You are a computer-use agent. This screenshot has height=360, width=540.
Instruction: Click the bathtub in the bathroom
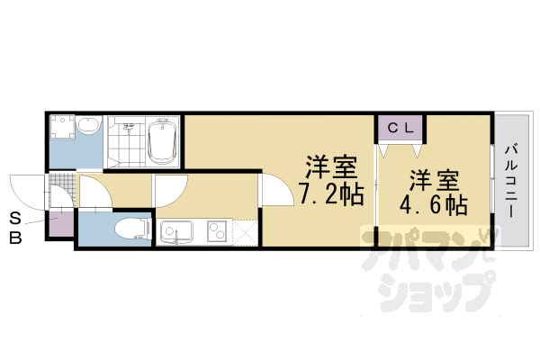(162, 141)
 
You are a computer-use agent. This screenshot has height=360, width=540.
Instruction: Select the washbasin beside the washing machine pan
(88, 128)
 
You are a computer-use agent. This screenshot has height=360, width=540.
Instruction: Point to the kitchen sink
(177, 233)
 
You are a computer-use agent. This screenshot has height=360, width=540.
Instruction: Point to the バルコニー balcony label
(509, 179)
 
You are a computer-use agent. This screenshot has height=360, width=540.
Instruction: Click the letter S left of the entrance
(15, 219)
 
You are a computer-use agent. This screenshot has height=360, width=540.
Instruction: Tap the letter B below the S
(15, 238)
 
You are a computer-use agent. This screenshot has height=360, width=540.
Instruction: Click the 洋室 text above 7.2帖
(328, 167)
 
